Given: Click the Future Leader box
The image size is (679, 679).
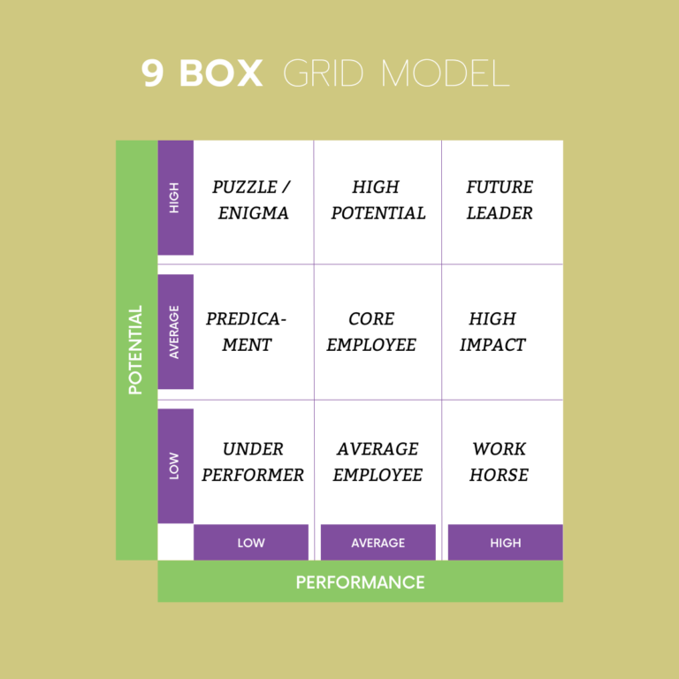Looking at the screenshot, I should coord(500,200).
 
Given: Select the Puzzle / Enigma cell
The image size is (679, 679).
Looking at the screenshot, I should coord(252,200).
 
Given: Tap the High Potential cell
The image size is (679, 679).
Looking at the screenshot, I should coord(378,200).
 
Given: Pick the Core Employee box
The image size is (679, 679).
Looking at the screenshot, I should coord(371,332).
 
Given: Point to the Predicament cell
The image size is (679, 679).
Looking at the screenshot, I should coord(247,332).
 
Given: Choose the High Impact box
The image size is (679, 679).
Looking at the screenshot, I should coord(492,332).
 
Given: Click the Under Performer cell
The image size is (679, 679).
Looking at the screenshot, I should coord(253,462).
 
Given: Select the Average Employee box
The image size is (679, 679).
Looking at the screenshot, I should coord(378,462).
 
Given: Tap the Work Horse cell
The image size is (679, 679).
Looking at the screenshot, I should coord(500,462).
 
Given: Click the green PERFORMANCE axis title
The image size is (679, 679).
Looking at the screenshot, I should coord(360,582).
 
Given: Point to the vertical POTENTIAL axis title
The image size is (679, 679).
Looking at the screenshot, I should coord(136,350).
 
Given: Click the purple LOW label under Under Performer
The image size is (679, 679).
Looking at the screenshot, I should coord(251,543).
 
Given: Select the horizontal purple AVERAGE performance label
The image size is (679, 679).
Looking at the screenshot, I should coord(378,543).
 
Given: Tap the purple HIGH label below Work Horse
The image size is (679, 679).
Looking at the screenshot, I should coord(505,543).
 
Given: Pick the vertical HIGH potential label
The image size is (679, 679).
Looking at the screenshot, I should coord(175,198).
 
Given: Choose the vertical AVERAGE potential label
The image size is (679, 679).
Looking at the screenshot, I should coord(175,332).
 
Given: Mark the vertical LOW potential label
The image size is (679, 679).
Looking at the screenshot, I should coord(175,466).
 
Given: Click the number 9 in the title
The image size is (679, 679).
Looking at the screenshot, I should coord(153,73).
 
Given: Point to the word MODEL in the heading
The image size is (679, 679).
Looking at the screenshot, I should coord(446,73).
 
